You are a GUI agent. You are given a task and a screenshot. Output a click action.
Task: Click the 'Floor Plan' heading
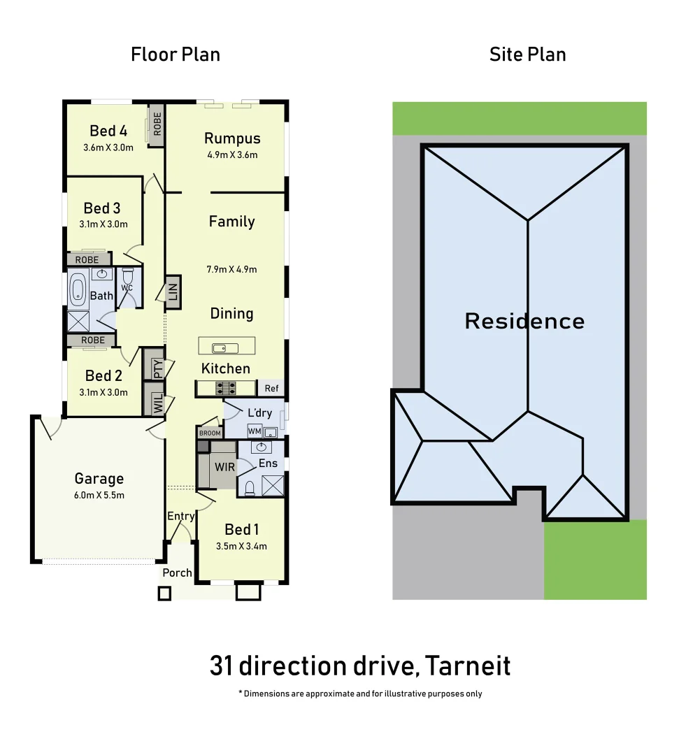tap(176, 55)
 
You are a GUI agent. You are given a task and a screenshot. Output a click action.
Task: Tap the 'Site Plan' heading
tap(527, 55)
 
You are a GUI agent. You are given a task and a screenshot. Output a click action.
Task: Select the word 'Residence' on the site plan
tap(524, 322)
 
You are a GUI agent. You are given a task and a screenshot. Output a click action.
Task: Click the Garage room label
tap(99, 479)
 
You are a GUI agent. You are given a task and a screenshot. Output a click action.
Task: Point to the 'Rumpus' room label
tap(232, 138)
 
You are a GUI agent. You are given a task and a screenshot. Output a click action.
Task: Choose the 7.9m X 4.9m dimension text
tap(232, 269)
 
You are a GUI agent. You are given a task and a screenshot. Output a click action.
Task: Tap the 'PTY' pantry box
tap(157, 368)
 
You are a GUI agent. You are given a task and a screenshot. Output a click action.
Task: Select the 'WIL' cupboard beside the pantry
tap(157, 403)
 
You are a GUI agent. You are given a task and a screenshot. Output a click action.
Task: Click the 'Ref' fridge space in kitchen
tap(271, 389)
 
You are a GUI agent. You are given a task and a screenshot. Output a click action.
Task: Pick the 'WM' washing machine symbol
tap(254, 431)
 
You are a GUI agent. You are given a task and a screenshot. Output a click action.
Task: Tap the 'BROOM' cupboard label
tap(210, 433)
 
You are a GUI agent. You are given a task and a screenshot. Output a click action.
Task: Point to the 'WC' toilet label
tap(127, 287)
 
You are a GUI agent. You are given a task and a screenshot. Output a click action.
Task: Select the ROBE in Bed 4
tap(157, 124)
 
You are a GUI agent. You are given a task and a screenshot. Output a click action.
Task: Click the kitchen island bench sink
tap(220, 347)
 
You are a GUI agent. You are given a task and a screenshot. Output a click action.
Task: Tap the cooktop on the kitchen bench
tap(227, 387)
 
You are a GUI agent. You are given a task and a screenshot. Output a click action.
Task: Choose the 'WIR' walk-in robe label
tap(224, 466)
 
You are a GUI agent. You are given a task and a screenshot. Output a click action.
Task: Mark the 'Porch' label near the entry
tap(177, 573)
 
